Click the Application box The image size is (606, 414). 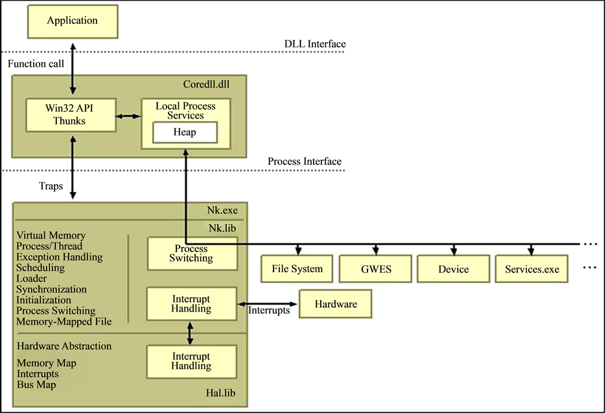[x=73, y=21]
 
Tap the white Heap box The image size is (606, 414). [x=185, y=132]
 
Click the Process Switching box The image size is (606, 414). [x=191, y=253]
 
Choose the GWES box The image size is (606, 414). [x=375, y=269]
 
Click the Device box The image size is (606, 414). [x=453, y=269]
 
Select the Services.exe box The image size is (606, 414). [x=531, y=269]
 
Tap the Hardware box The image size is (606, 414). [x=336, y=304]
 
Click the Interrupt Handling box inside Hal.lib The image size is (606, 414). [x=191, y=361]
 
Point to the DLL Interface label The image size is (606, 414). [x=315, y=44]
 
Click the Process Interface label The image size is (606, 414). [x=304, y=161]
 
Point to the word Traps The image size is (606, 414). [x=50, y=185]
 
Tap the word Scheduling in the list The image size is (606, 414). [x=40, y=268]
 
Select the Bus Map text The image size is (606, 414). [x=36, y=385]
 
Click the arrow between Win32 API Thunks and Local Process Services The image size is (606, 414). [x=128, y=117]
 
